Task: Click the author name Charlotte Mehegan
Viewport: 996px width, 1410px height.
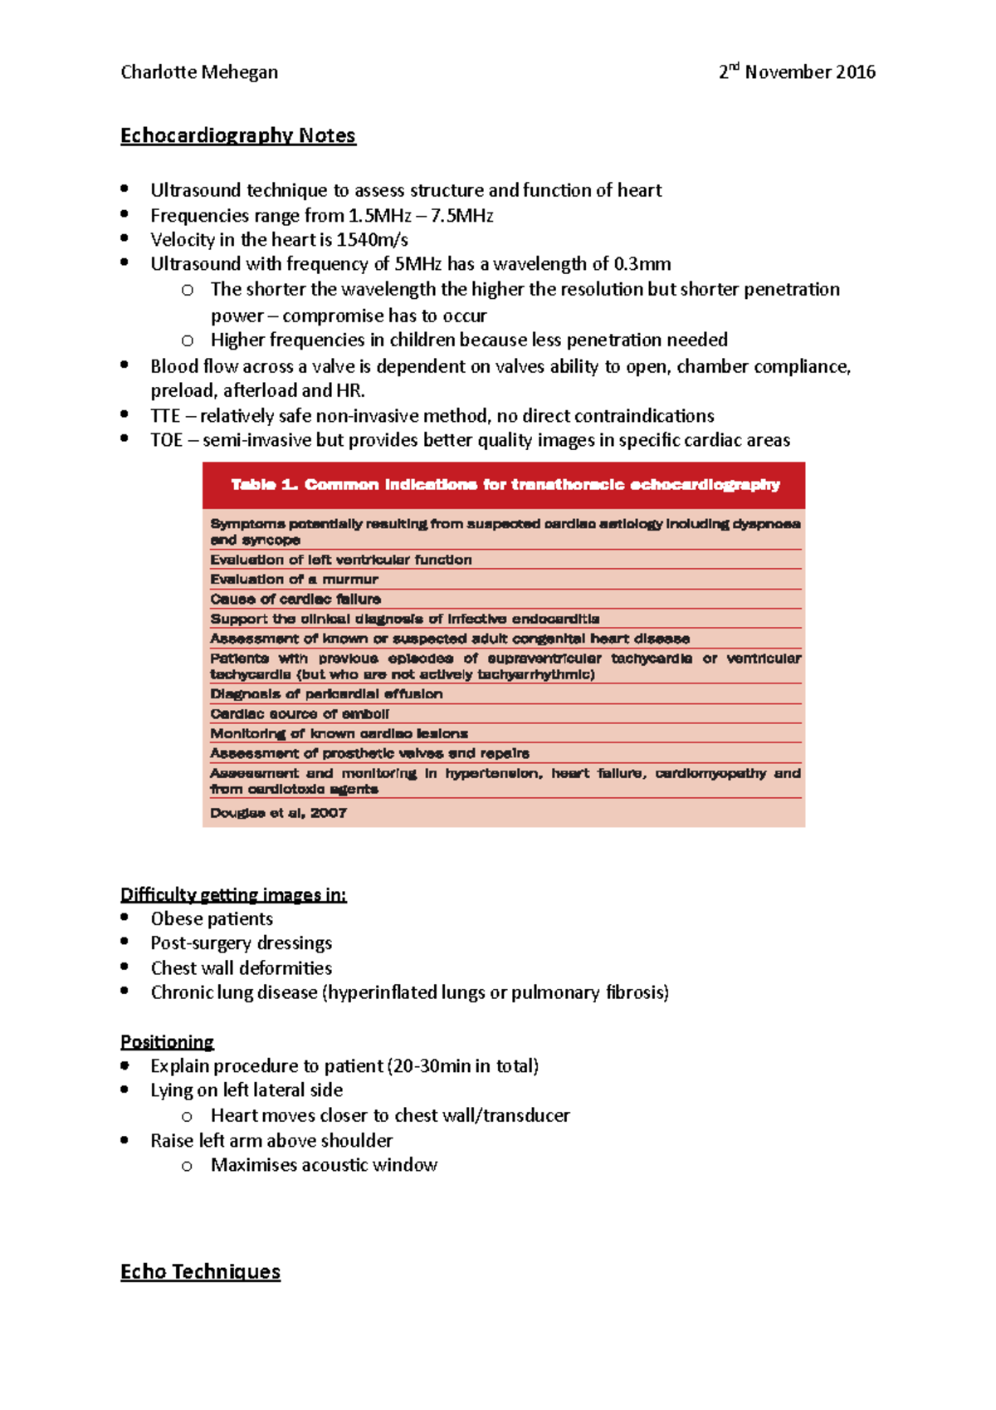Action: [199, 72]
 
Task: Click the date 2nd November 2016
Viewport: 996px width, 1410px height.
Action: [797, 72]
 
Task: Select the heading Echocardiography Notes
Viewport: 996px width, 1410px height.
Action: [238, 135]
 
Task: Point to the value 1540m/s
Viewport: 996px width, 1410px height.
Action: [372, 240]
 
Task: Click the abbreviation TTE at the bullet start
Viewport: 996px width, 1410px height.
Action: [165, 416]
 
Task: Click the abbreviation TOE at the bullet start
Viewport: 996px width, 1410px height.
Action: [166, 440]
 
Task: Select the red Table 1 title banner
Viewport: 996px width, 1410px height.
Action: [504, 485]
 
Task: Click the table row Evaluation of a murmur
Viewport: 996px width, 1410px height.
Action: [294, 580]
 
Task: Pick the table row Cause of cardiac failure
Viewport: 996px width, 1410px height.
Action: [295, 600]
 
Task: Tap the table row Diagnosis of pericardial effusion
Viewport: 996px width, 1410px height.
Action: [326, 694]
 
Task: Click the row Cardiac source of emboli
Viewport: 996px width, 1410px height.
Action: [300, 714]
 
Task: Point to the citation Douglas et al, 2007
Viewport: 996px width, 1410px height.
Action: [278, 813]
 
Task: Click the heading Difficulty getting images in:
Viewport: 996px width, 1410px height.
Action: [233, 894]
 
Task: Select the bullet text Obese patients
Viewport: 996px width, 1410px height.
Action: [212, 918]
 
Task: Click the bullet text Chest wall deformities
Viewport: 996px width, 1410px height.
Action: [241, 968]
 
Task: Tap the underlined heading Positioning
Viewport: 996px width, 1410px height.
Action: [167, 1041]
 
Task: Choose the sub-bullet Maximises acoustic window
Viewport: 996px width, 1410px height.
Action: [324, 1165]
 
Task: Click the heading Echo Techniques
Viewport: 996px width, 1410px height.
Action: [200, 1271]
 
